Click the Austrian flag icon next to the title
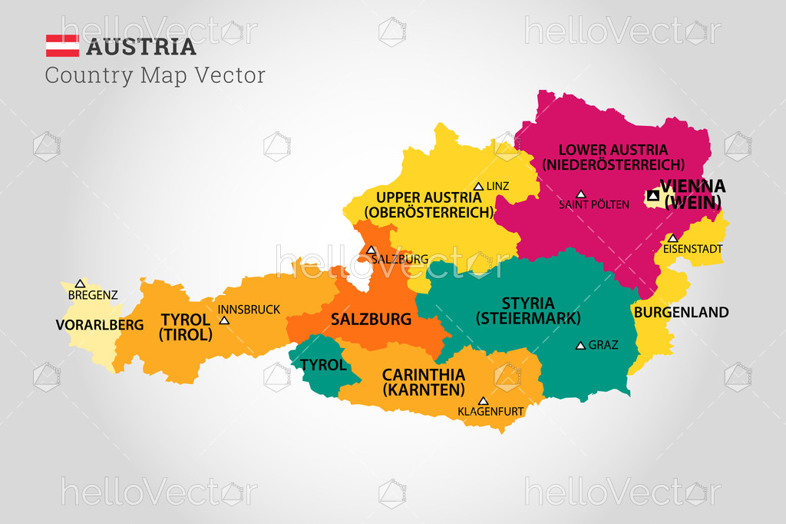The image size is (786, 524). pos(62,46)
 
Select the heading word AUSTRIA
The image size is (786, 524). pos(141,47)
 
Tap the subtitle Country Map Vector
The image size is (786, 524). pos(155,75)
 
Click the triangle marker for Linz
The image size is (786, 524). pos(478,186)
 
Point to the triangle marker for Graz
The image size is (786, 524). pos(580,346)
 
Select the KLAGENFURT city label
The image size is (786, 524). pos(490,412)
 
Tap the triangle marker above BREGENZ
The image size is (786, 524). pos(80,284)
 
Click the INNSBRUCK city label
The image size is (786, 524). pos(249,310)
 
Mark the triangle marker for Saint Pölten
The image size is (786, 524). pos(581,194)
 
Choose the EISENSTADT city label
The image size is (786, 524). pos(692,249)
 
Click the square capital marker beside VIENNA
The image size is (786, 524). pos(652,196)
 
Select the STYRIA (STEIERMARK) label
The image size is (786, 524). pos(528,310)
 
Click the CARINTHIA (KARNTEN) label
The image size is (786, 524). pos(424,382)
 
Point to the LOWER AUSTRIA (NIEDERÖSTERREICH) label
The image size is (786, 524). pos(613,157)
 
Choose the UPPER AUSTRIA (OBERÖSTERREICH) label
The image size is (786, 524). pos(428,205)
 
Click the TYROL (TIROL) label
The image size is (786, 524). pos(185,327)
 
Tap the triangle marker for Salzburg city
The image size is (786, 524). pos(371,250)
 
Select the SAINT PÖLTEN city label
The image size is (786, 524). pos(594,204)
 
